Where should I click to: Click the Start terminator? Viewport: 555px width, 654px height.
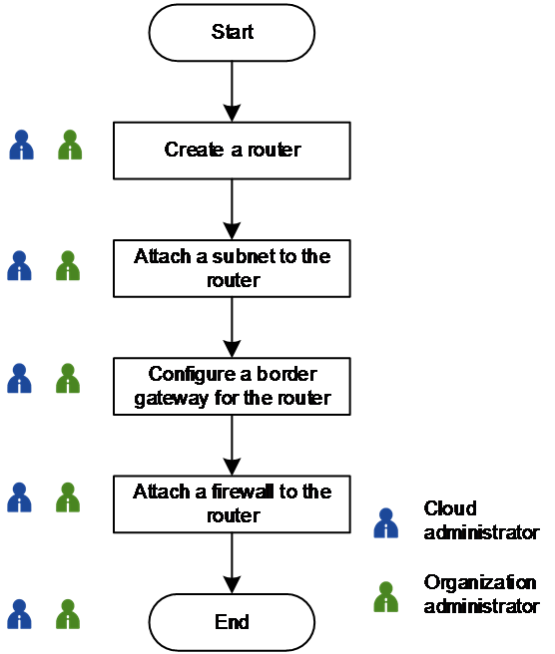click(x=232, y=33)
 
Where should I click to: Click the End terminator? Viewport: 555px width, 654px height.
click(x=232, y=622)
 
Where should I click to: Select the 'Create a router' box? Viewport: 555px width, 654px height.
click(x=232, y=151)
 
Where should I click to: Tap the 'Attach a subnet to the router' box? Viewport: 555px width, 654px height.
click(x=232, y=268)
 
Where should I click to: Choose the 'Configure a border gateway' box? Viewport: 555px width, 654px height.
click(x=232, y=386)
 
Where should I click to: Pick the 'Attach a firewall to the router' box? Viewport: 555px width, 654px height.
click(x=232, y=503)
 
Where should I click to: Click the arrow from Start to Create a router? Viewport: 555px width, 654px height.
click(x=232, y=92)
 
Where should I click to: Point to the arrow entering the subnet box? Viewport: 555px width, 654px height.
click(x=232, y=209)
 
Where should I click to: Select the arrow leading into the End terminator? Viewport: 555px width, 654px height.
click(x=232, y=563)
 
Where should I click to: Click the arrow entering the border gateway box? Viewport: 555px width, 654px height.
click(x=232, y=327)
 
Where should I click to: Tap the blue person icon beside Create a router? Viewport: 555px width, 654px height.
click(x=21, y=145)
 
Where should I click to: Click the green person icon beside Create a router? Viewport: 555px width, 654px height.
click(x=70, y=145)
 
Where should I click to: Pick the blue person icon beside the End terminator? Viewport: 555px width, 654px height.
click(x=19, y=614)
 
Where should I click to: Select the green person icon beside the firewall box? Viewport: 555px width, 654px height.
click(x=68, y=497)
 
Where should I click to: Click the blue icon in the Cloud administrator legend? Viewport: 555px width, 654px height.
click(x=386, y=522)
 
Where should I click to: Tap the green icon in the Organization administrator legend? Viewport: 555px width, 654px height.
click(x=386, y=597)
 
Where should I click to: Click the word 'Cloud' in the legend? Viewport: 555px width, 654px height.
click(x=450, y=508)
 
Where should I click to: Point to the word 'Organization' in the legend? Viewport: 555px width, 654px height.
click(x=480, y=583)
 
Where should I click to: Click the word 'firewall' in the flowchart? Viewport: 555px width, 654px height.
click(x=242, y=491)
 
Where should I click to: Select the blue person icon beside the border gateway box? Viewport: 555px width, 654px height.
click(x=19, y=378)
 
